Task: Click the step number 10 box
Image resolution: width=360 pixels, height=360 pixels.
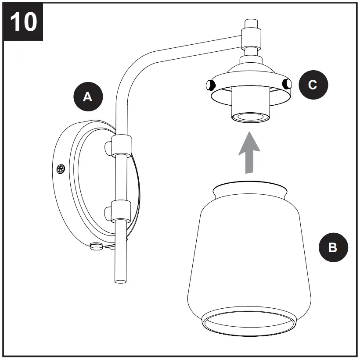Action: click(x=23, y=21)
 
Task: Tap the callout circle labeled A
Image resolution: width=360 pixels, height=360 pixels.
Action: click(x=88, y=97)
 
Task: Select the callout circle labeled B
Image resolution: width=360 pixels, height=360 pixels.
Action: click(x=333, y=248)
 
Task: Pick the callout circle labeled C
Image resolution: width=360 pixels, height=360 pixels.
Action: click(x=313, y=85)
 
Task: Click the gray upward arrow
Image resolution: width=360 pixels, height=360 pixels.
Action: click(x=249, y=151)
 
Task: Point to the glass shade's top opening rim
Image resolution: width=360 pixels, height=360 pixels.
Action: click(x=250, y=186)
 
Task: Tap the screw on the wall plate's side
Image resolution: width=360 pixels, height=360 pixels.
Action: click(x=61, y=168)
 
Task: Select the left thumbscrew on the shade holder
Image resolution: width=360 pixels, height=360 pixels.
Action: click(x=210, y=84)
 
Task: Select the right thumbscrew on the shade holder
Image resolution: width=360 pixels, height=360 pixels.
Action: click(x=288, y=84)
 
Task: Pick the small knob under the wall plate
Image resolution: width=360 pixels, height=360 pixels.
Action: click(x=94, y=246)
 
